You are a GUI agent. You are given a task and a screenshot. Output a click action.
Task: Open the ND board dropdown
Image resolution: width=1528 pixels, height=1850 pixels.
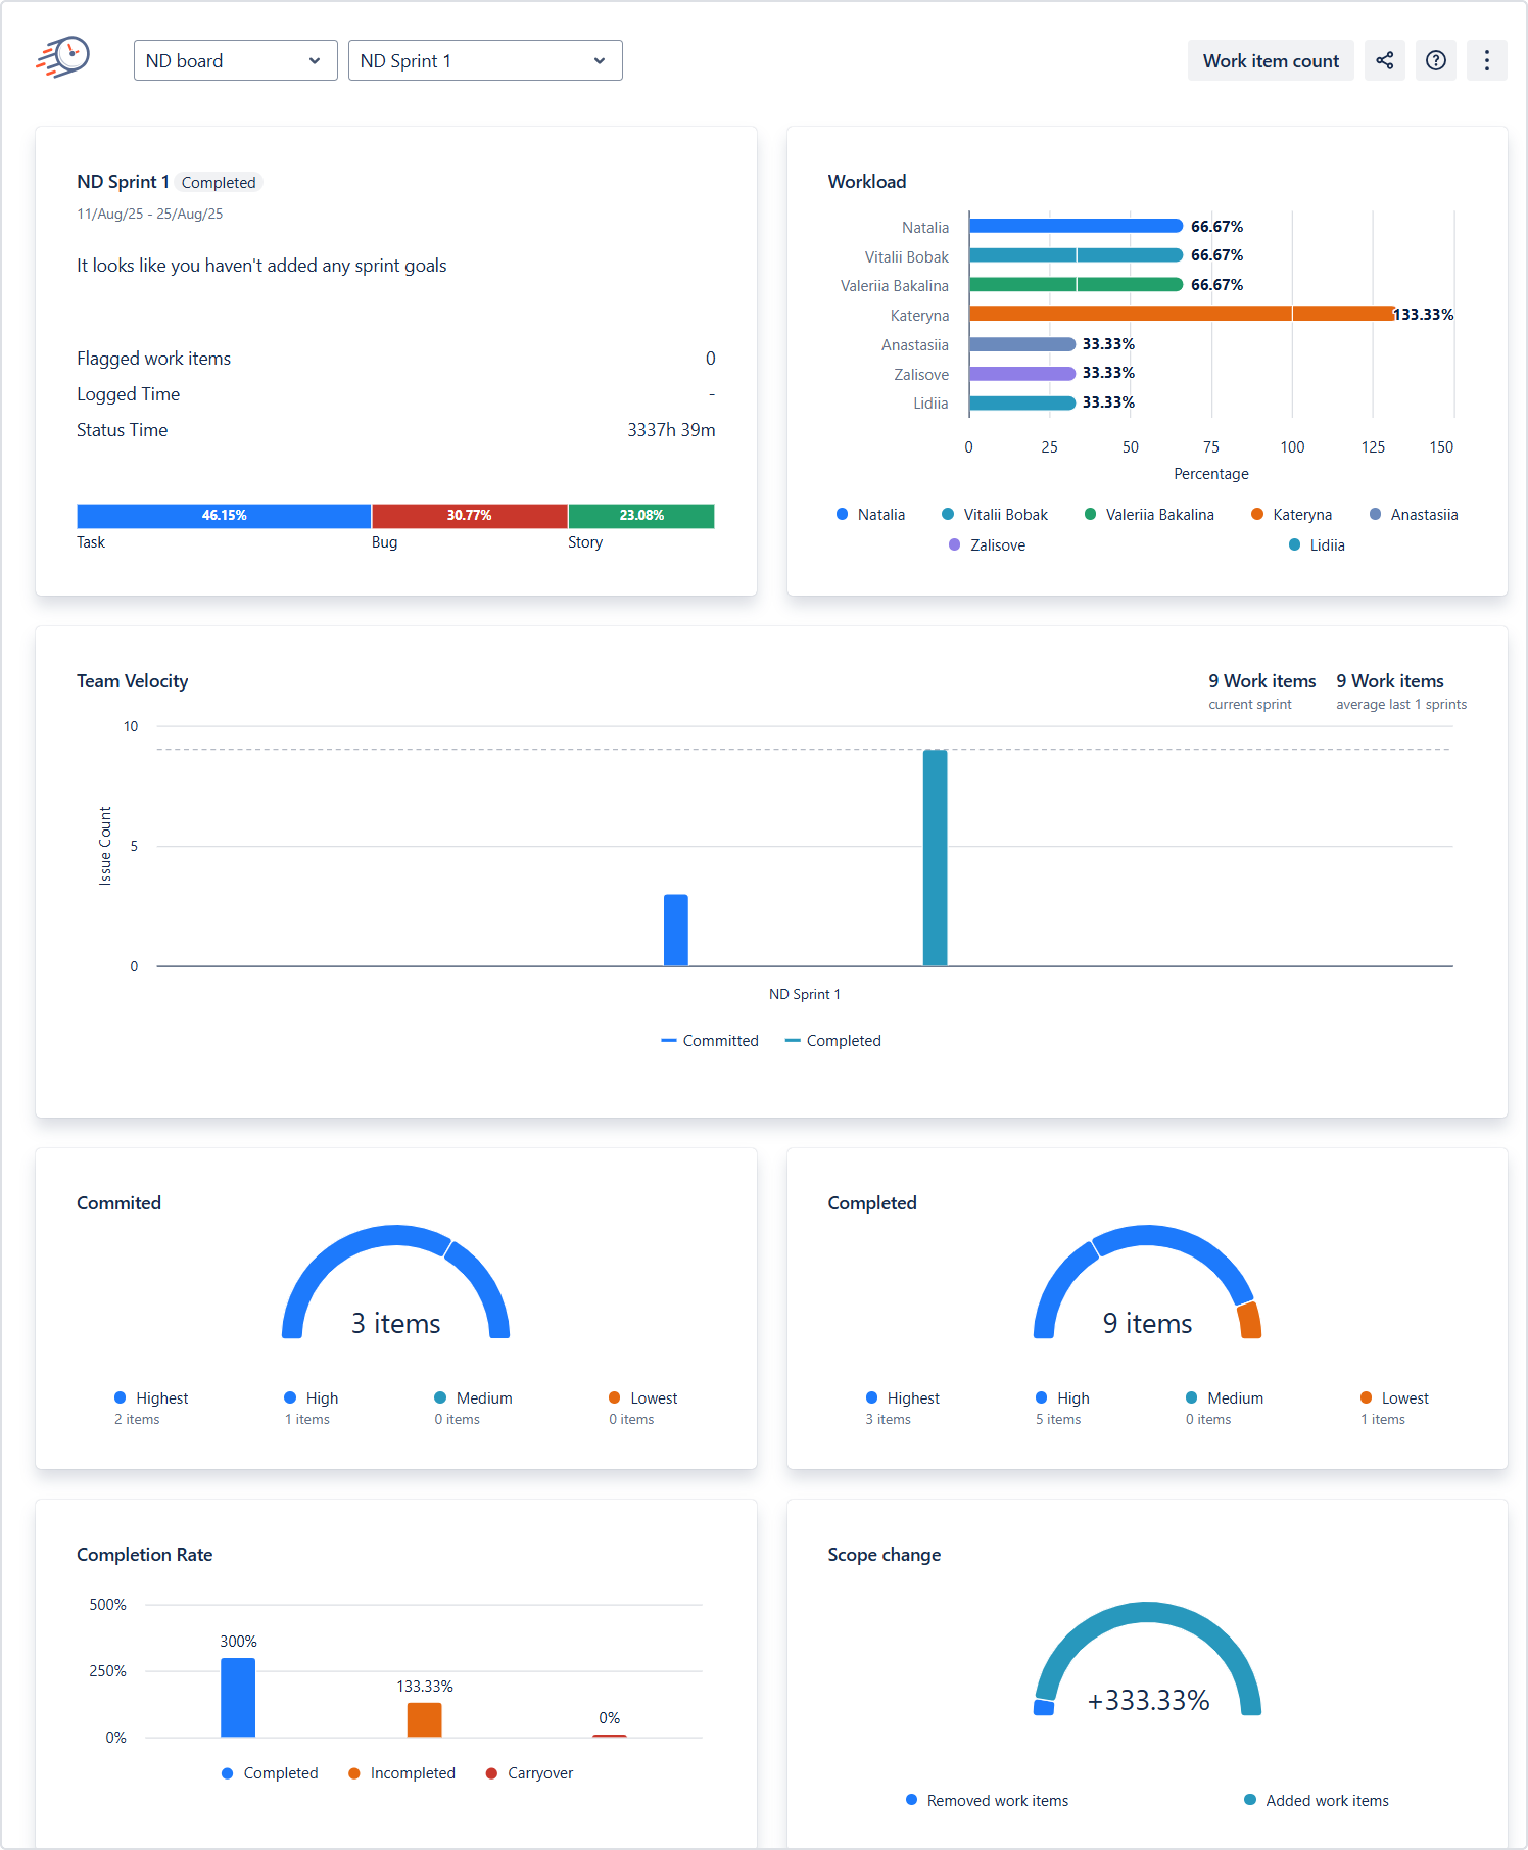coord(235,61)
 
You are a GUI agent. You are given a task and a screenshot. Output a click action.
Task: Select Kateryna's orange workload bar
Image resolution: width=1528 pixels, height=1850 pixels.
coord(1179,314)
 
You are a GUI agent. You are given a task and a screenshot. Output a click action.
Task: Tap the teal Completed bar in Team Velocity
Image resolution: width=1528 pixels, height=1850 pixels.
coord(935,858)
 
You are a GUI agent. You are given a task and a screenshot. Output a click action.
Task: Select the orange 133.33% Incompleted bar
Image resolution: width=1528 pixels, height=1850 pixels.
coord(424,1720)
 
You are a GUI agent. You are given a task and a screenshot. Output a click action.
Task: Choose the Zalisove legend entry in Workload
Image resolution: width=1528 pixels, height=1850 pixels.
coord(988,545)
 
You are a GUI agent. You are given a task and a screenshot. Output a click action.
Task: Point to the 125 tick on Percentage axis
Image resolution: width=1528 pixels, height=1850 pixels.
coord(1372,447)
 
